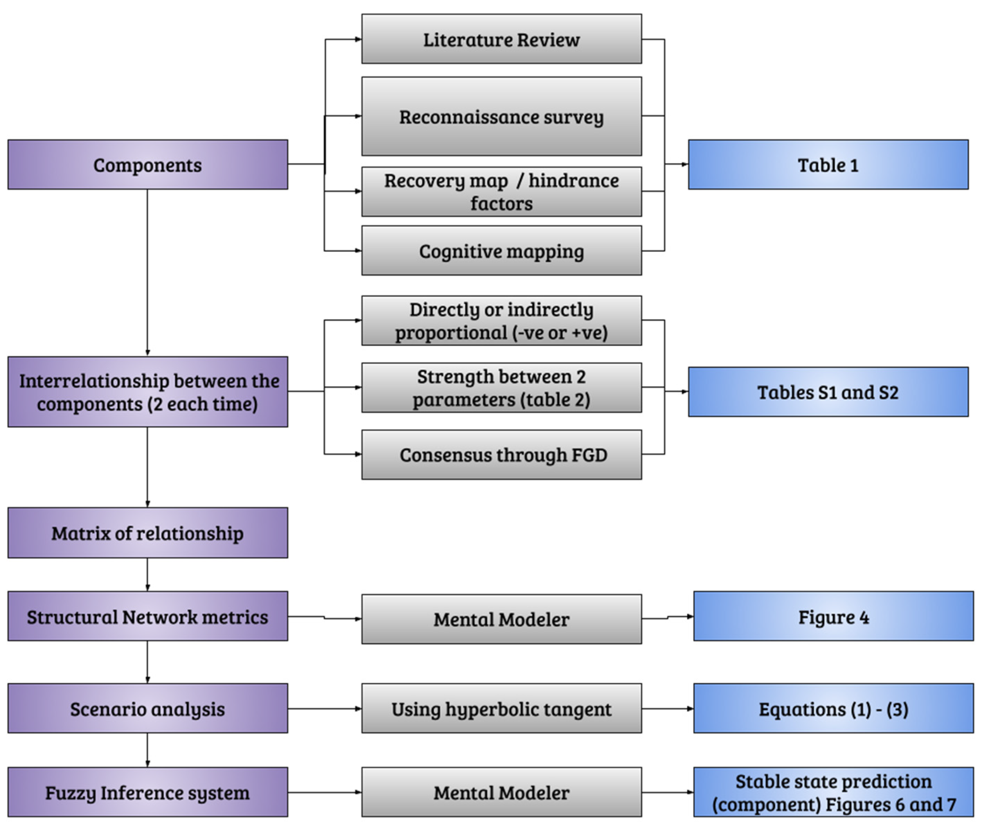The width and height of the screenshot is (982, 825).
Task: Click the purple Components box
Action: point(147,165)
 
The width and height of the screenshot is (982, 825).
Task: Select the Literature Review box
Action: point(501,39)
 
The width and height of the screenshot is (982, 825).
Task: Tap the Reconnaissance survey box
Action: point(501,117)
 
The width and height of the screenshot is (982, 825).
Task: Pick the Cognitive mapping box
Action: point(501,251)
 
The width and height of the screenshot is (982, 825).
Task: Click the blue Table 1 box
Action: point(828,165)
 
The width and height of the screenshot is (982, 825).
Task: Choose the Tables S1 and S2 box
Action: point(828,392)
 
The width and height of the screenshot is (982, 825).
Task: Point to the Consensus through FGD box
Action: point(501,455)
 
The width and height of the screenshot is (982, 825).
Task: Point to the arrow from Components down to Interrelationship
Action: point(147,271)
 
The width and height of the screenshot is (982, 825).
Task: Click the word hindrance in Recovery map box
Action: point(573,181)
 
